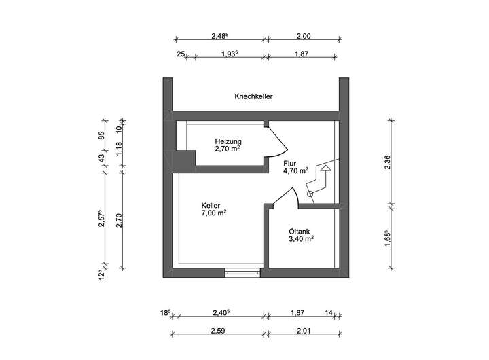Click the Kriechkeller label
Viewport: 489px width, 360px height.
point(253,97)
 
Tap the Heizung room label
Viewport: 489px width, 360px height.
point(228,141)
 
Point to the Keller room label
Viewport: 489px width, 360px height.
point(211,205)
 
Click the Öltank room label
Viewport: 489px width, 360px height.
point(300,231)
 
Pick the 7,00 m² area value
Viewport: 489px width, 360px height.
point(213,213)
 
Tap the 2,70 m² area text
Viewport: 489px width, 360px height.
point(228,149)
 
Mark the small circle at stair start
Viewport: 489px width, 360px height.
point(310,194)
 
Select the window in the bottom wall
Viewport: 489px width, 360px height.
point(243,272)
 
